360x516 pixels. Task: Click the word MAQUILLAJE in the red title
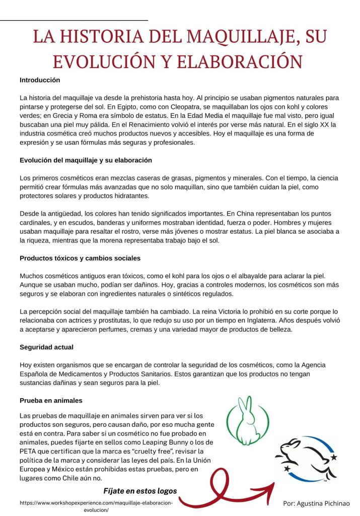click(x=236, y=37)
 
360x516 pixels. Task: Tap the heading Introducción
click(x=40, y=80)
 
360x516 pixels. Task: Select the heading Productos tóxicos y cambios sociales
click(x=80, y=258)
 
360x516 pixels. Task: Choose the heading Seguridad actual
click(x=46, y=347)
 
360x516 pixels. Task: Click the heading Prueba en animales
click(x=51, y=401)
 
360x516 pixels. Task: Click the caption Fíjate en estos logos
click(x=140, y=491)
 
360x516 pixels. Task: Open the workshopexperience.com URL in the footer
click(x=96, y=503)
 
